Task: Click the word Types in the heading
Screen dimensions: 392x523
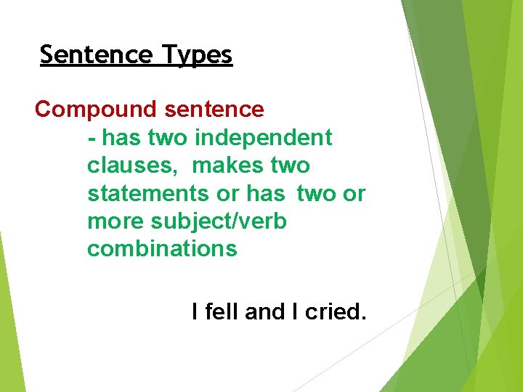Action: [198, 55]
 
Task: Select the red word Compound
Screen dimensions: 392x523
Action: [96, 110]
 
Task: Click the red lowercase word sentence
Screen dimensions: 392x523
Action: [214, 110]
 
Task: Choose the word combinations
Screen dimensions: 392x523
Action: [162, 249]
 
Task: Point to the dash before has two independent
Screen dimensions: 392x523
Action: [92, 138]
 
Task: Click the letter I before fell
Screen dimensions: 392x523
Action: [195, 313]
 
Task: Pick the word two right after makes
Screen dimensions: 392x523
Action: [291, 166]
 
